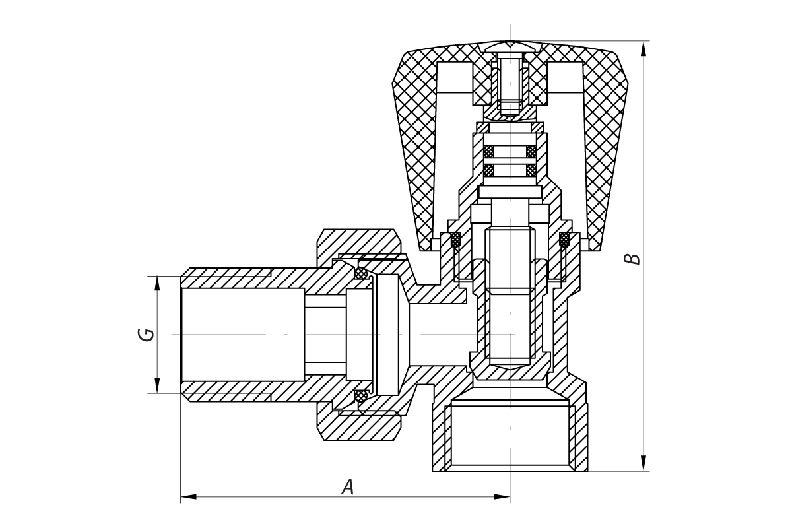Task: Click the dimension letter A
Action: [348, 487]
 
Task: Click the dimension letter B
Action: [632, 257]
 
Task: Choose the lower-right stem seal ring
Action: [531, 170]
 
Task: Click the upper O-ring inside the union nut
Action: [360, 273]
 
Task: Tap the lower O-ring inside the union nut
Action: [360, 396]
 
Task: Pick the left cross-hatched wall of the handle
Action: [416, 152]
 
